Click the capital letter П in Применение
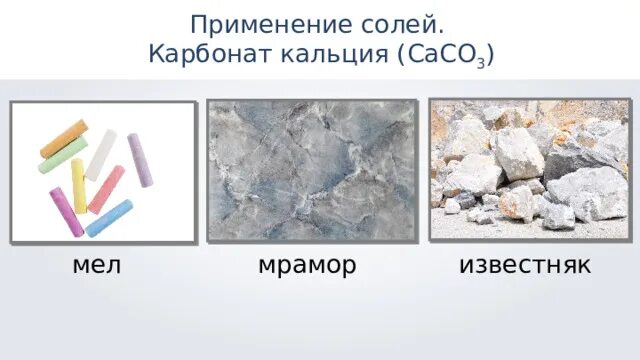pos(198,22)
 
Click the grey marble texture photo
pos(312,169)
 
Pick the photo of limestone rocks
pos(529,169)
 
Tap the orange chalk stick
pos(64,137)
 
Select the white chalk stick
pos(100,154)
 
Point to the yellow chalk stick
pos(79,185)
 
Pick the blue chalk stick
pos(109,217)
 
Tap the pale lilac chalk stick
pos(140,160)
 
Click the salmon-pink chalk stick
pos(106,189)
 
